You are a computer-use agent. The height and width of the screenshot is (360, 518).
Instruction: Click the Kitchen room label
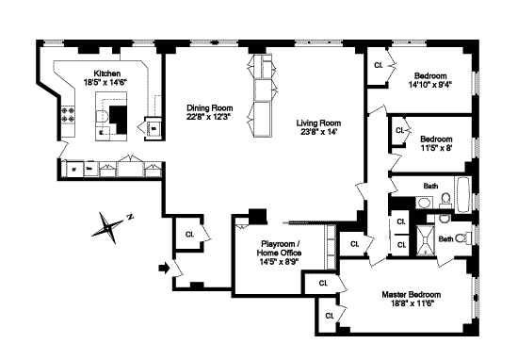(107, 74)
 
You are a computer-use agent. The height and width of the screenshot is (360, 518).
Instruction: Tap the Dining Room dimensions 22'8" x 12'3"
(208, 117)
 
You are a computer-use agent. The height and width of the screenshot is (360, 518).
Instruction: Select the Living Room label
(318, 123)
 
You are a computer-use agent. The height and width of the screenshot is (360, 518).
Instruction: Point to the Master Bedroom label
(411, 295)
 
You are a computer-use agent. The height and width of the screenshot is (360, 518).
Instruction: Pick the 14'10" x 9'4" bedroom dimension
(430, 85)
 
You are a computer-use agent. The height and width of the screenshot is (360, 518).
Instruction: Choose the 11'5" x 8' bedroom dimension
(436, 148)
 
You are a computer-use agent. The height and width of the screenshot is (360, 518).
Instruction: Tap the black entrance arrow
(164, 268)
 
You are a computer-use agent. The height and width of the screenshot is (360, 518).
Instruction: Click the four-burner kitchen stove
(68, 114)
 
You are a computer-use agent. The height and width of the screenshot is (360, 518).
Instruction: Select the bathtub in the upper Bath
(462, 195)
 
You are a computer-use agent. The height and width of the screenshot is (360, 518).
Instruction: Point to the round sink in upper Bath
(424, 203)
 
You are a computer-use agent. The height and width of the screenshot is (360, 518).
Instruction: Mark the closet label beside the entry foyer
(189, 235)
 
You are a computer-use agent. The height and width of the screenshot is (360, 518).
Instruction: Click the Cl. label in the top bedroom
(379, 65)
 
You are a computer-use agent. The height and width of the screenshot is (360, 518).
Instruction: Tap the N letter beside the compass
(131, 217)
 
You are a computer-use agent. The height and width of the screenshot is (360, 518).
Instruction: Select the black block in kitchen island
(119, 120)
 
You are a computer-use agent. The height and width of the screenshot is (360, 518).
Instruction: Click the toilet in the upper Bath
(445, 199)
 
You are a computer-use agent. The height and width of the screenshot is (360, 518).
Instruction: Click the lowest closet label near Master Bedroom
(330, 316)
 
